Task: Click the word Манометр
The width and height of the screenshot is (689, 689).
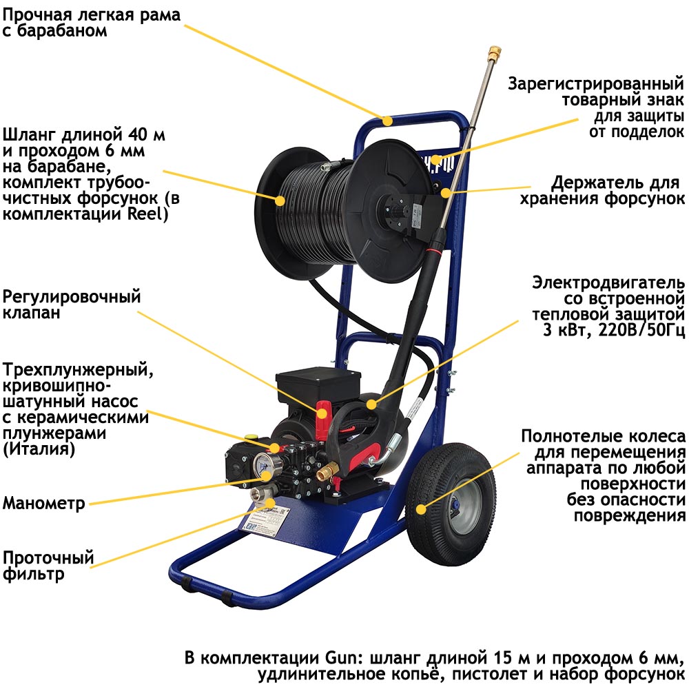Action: point(43,503)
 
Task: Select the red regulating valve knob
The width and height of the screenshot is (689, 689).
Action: point(324,418)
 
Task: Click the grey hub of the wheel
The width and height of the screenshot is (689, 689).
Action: point(460,505)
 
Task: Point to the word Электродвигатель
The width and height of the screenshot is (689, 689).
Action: point(608,283)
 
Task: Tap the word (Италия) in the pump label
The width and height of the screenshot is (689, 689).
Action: point(39,449)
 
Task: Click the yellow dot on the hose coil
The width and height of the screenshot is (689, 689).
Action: point(280,200)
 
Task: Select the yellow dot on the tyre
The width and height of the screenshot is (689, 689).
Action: point(421,509)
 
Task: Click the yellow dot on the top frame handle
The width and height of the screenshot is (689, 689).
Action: point(387,120)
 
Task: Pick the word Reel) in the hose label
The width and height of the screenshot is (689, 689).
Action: point(148,214)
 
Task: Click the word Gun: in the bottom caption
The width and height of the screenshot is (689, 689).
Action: point(341,658)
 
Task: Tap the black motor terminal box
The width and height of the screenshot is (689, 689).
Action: point(318,385)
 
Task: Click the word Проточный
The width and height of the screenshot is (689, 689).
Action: point(48,557)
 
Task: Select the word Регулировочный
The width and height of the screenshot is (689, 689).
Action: point(72,296)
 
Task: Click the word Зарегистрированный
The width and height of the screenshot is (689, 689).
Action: point(596,83)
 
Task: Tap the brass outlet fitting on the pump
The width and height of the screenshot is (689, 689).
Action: point(327,473)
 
